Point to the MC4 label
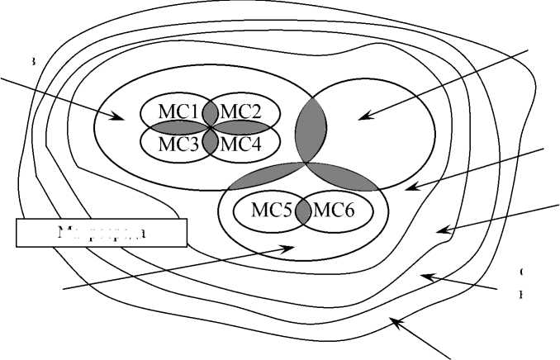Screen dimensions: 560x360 click(x=242, y=141)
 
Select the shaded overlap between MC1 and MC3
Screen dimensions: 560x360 click(x=175, y=127)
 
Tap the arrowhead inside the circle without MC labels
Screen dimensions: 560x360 click(x=360, y=118)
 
